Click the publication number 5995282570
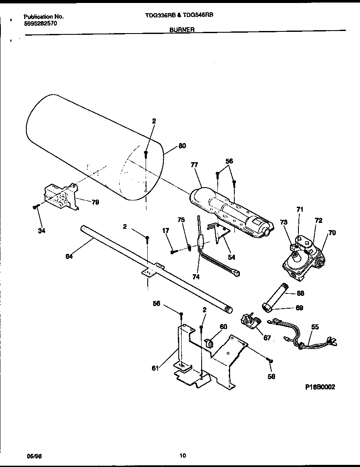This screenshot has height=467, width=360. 40,24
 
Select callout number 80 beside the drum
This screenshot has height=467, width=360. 182,146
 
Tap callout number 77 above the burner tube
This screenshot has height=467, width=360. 194,164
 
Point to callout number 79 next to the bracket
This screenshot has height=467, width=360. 95,202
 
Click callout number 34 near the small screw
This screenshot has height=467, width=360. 41,231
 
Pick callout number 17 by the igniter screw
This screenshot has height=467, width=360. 166,231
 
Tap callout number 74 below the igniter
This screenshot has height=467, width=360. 195,276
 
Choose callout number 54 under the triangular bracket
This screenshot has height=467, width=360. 231,257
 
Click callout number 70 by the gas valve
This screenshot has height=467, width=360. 332,232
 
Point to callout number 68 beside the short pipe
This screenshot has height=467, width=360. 300,293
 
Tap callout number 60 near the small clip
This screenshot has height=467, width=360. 223,326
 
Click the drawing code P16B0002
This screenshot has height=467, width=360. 320,387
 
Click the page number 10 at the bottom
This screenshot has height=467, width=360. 183,456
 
